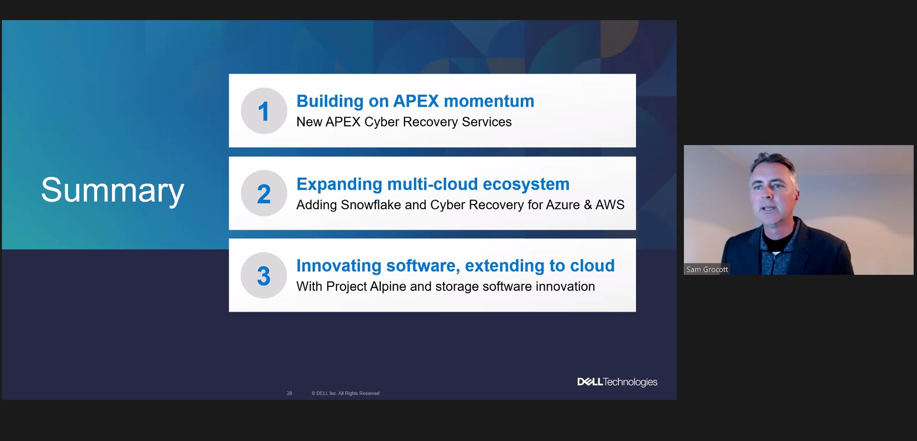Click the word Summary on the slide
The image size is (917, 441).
(x=112, y=191)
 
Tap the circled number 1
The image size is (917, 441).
(x=264, y=111)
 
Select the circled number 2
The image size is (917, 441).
(x=264, y=193)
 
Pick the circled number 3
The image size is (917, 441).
(x=264, y=275)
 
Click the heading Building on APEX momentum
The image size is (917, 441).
(x=415, y=101)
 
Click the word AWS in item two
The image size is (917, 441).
(x=610, y=205)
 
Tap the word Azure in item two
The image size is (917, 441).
(x=563, y=205)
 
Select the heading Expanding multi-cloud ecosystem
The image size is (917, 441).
(x=433, y=184)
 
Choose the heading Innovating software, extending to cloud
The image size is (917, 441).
(x=456, y=266)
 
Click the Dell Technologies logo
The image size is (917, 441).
(x=617, y=382)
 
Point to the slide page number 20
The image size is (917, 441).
(x=290, y=393)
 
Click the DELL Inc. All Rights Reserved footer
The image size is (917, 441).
(x=346, y=393)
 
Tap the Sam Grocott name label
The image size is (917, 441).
(x=707, y=270)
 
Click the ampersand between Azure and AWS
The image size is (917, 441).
(x=588, y=205)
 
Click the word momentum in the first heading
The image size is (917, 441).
(x=489, y=102)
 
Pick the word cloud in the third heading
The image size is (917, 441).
(x=592, y=266)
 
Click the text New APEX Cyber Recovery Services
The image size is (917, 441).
(x=404, y=122)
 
